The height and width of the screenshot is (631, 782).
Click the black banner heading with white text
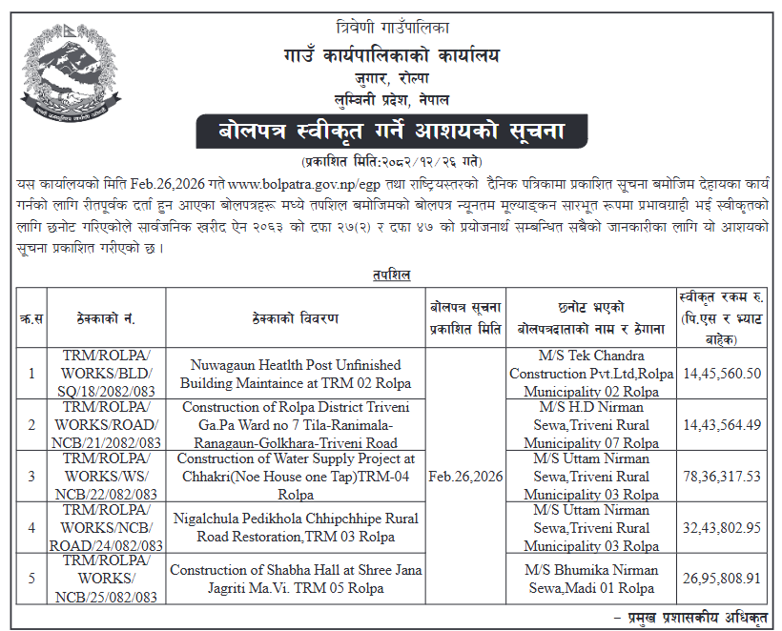(x=391, y=132)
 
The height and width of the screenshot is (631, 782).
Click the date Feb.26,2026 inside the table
(x=466, y=476)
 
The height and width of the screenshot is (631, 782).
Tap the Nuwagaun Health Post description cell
(x=296, y=374)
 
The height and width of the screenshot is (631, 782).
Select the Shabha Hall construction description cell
(x=296, y=579)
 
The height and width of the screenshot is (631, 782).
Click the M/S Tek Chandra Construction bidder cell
(x=584, y=374)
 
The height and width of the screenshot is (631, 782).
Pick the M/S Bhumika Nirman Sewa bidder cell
(x=584, y=579)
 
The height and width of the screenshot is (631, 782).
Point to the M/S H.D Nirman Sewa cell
(x=584, y=425)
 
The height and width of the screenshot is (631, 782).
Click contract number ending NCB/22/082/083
(x=113, y=476)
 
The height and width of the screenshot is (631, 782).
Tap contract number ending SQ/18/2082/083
(x=113, y=374)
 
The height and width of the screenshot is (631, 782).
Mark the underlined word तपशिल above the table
(x=391, y=275)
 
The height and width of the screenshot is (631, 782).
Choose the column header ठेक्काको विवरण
(x=296, y=318)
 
